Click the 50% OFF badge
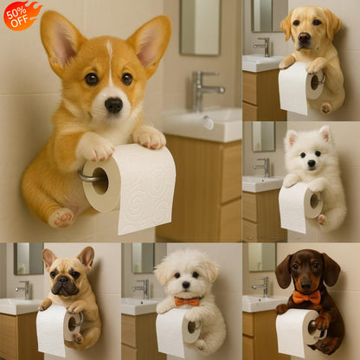point(21,14)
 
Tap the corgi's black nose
point(112,104)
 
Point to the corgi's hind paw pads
point(61,217)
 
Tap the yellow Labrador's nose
point(305,38)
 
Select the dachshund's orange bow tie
point(301,298)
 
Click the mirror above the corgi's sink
point(201,26)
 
